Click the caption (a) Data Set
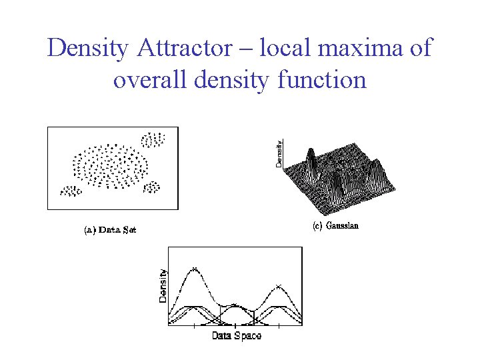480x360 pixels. coord(110,230)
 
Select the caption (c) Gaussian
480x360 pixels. coord(335,225)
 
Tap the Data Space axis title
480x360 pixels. coord(237,335)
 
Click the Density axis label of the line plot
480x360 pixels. coord(163,285)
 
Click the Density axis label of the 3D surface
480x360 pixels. coord(279,153)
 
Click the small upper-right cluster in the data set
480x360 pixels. coord(153,140)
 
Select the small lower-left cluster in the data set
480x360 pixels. coord(71,191)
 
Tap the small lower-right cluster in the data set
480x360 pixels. coord(152,187)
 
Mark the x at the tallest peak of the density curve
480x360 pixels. coord(194,269)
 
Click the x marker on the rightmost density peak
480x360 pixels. coord(278,287)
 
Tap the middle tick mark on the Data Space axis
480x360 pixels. coord(237,326)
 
